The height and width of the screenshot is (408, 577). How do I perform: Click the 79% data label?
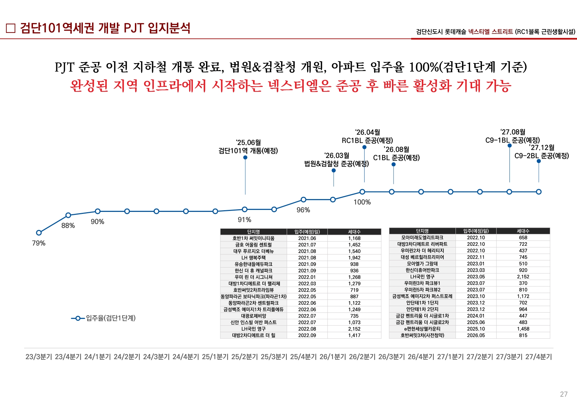click(39, 243)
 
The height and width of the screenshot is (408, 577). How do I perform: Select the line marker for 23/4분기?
click(68, 215)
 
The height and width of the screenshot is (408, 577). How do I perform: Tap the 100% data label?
click(362, 202)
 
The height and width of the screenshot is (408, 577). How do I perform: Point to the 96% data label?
click(303, 210)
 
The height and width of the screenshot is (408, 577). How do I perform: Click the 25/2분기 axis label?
click(245, 357)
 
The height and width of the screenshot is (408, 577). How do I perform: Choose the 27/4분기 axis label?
click(538, 357)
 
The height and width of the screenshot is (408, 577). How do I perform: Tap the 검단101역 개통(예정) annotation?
click(248, 151)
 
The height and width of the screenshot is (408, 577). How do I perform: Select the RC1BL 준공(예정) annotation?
click(367, 140)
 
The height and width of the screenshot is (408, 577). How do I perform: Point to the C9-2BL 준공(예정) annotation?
click(541, 156)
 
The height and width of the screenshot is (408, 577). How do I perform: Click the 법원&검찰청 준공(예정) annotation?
click(336, 164)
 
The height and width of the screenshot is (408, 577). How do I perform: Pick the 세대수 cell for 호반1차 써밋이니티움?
click(354, 238)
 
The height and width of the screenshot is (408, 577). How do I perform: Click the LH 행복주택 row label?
click(253, 258)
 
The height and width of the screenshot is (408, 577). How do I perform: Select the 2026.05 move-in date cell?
click(476, 335)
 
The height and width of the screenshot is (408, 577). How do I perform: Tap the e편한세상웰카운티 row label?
click(422, 329)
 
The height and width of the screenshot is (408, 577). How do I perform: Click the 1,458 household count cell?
click(523, 329)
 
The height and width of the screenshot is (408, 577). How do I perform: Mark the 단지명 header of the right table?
click(422, 231)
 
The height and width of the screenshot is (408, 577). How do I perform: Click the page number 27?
click(564, 394)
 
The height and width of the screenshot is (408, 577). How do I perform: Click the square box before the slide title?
click(11, 28)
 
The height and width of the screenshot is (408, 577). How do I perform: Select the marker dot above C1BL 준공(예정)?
click(393, 164)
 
